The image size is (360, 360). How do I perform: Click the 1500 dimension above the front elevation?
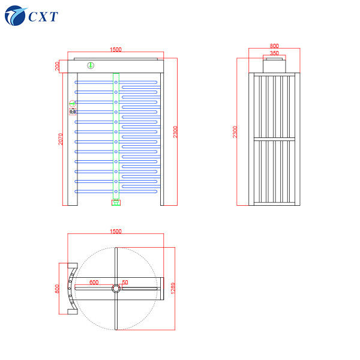point(116,50)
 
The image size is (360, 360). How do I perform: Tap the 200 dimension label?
point(58,66)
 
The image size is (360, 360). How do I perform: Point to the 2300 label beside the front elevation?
point(175,131)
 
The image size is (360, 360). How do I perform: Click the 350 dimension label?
point(274,53)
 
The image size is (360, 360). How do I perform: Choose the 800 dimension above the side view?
point(274,46)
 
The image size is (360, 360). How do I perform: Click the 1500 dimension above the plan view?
point(116,231)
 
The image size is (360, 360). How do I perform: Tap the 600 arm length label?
point(94,281)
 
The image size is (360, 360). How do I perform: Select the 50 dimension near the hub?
point(125,281)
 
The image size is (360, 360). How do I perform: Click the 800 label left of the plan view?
point(58,288)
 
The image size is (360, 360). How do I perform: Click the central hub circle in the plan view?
point(116,289)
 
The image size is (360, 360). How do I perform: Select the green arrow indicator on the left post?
point(73,103)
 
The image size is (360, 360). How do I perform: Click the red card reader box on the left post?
point(73,111)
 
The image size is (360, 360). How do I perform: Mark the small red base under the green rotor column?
point(116,202)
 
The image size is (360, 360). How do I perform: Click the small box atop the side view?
point(274,64)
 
